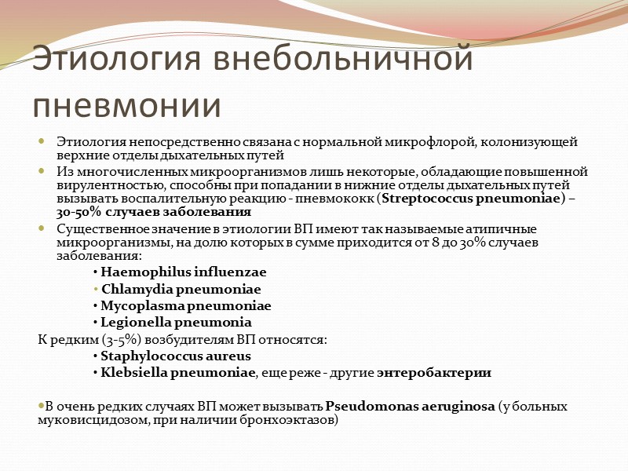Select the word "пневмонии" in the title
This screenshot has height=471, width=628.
click(x=126, y=104)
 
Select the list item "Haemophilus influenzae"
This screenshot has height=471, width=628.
click(x=184, y=272)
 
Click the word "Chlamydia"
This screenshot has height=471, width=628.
click(x=136, y=289)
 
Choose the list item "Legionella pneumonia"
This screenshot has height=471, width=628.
click(x=176, y=322)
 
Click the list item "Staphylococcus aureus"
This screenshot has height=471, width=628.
click(x=176, y=356)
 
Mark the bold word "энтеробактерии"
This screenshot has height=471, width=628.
click(x=434, y=372)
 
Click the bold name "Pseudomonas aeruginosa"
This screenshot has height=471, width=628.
click(x=410, y=407)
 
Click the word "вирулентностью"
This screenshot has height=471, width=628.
click(x=98, y=185)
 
